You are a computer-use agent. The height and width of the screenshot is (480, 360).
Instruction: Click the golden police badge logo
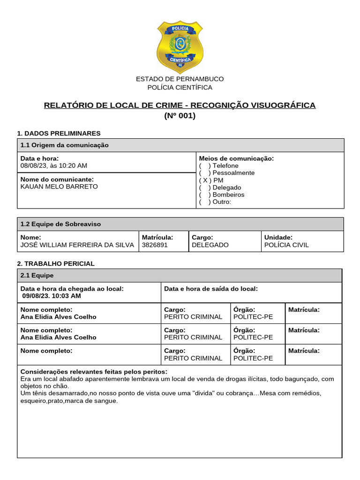click(x=180, y=46)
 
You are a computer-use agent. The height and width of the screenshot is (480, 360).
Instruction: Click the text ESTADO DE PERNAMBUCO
click(x=180, y=79)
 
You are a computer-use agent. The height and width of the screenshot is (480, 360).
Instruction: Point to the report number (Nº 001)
click(x=180, y=116)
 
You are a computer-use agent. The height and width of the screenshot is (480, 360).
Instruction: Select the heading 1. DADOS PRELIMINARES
click(x=59, y=133)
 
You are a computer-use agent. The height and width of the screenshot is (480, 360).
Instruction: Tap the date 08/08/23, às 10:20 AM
click(x=54, y=165)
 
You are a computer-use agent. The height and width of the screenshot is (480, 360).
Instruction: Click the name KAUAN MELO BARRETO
click(x=59, y=187)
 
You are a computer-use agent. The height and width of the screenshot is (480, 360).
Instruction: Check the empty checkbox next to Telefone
click(x=205, y=165)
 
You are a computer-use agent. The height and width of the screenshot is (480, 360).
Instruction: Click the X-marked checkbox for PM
click(x=205, y=180)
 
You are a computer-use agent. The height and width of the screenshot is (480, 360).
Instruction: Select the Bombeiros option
click(x=228, y=195)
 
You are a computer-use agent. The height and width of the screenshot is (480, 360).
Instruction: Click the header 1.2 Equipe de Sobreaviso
click(x=60, y=224)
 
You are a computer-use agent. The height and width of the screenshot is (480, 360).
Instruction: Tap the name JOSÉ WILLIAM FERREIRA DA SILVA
click(x=77, y=245)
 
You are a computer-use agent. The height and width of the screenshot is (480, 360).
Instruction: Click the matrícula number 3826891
click(x=155, y=245)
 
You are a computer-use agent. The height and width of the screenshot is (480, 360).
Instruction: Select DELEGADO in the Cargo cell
click(x=210, y=245)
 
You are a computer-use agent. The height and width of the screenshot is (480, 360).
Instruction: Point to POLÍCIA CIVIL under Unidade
click(x=286, y=245)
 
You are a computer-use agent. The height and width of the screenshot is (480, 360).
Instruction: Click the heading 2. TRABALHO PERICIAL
click(x=56, y=263)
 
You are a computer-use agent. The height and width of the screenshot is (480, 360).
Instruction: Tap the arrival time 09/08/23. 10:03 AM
click(x=52, y=296)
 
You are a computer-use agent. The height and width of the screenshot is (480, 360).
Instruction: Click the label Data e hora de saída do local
click(x=211, y=289)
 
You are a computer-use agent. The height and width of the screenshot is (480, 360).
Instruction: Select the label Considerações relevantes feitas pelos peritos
click(x=94, y=371)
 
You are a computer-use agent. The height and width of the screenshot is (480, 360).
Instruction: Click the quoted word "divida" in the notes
click(x=201, y=393)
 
